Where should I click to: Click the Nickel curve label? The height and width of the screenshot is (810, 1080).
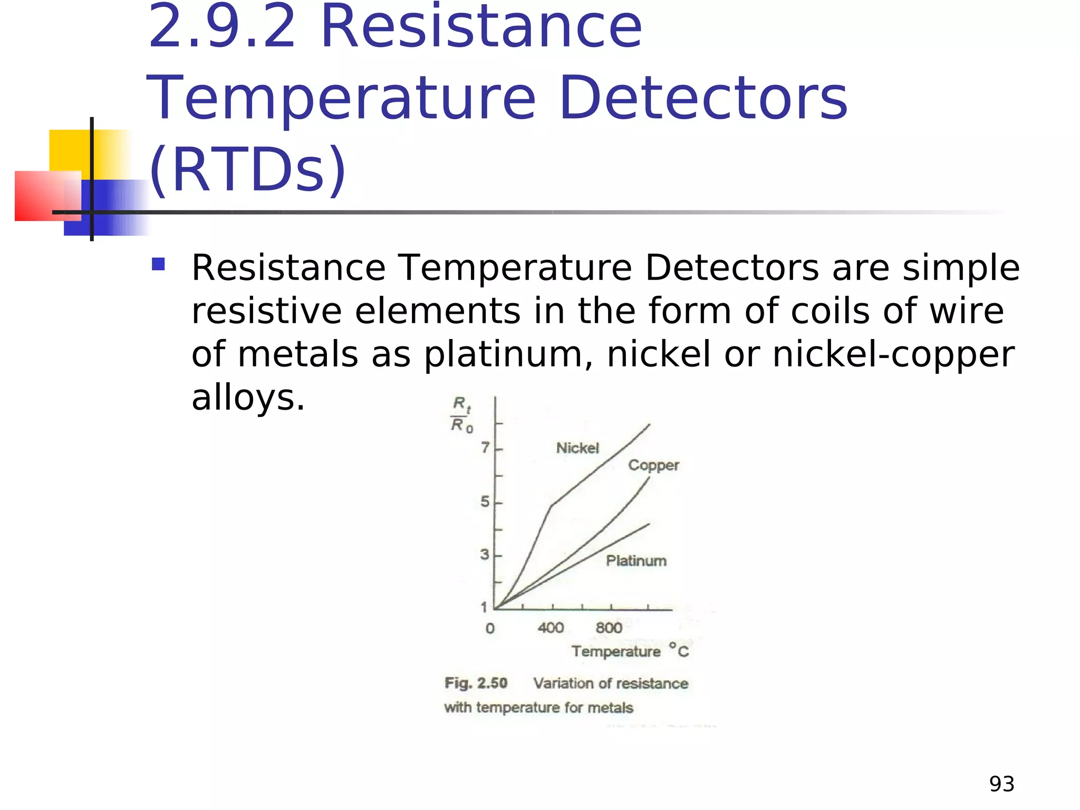(577, 448)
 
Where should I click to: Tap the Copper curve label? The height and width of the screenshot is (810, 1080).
(653, 465)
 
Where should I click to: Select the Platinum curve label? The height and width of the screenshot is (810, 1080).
(636, 561)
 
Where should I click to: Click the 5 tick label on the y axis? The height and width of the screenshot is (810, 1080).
(485, 502)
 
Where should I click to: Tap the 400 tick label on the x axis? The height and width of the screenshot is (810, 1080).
(551, 628)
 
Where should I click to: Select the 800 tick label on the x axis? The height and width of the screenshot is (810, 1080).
(609, 628)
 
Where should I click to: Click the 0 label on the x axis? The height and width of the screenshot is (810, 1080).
(490, 629)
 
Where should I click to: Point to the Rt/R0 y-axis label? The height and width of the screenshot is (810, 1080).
(461, 415)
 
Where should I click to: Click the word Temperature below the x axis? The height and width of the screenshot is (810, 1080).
(616, 652)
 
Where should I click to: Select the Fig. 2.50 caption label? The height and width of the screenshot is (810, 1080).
(476, 683)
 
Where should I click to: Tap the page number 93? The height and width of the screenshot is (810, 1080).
(1001, 784)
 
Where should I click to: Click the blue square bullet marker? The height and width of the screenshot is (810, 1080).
(158, 264)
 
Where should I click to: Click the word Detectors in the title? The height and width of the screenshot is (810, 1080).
(703, 99)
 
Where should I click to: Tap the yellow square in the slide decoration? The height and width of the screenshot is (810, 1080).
(70, 150)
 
